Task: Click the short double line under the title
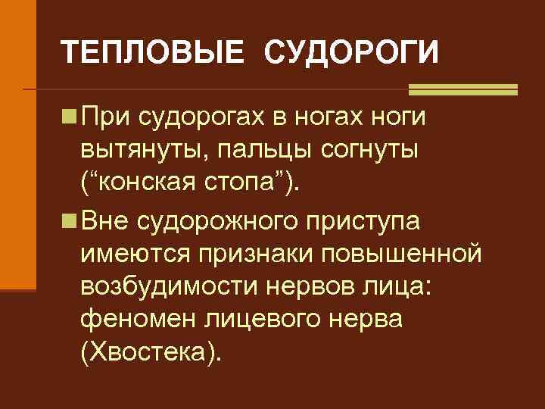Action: point(462,89)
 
